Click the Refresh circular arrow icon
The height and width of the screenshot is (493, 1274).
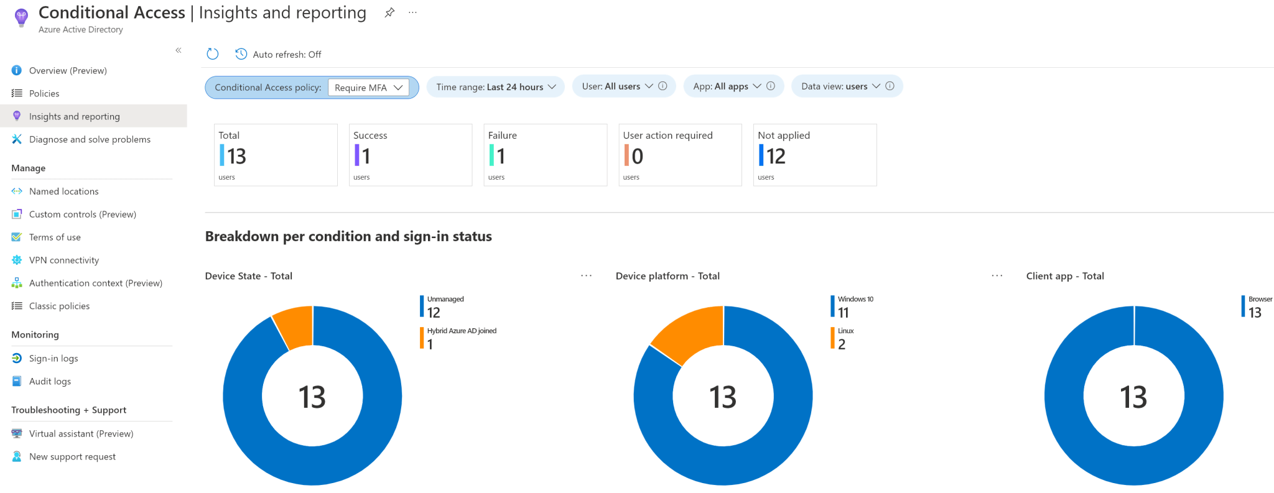213,54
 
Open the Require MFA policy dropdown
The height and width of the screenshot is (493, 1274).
368,88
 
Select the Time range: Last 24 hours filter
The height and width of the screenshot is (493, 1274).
495,87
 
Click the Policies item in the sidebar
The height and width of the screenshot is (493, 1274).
44,93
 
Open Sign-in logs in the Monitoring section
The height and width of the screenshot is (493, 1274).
53,358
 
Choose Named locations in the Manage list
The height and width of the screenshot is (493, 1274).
63,191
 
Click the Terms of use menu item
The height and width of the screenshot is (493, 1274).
55,237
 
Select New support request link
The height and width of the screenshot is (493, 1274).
72,456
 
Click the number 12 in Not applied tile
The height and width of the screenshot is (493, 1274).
776,156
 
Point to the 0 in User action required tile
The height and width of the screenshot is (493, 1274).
637,156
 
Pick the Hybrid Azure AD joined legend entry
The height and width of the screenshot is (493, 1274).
461,336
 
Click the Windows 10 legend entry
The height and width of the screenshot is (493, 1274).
855,305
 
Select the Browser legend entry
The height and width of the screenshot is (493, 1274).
1258,306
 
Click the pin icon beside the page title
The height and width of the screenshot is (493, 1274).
389,12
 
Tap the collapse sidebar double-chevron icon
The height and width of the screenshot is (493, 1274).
179,50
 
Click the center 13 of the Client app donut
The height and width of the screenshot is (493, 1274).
1133,397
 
